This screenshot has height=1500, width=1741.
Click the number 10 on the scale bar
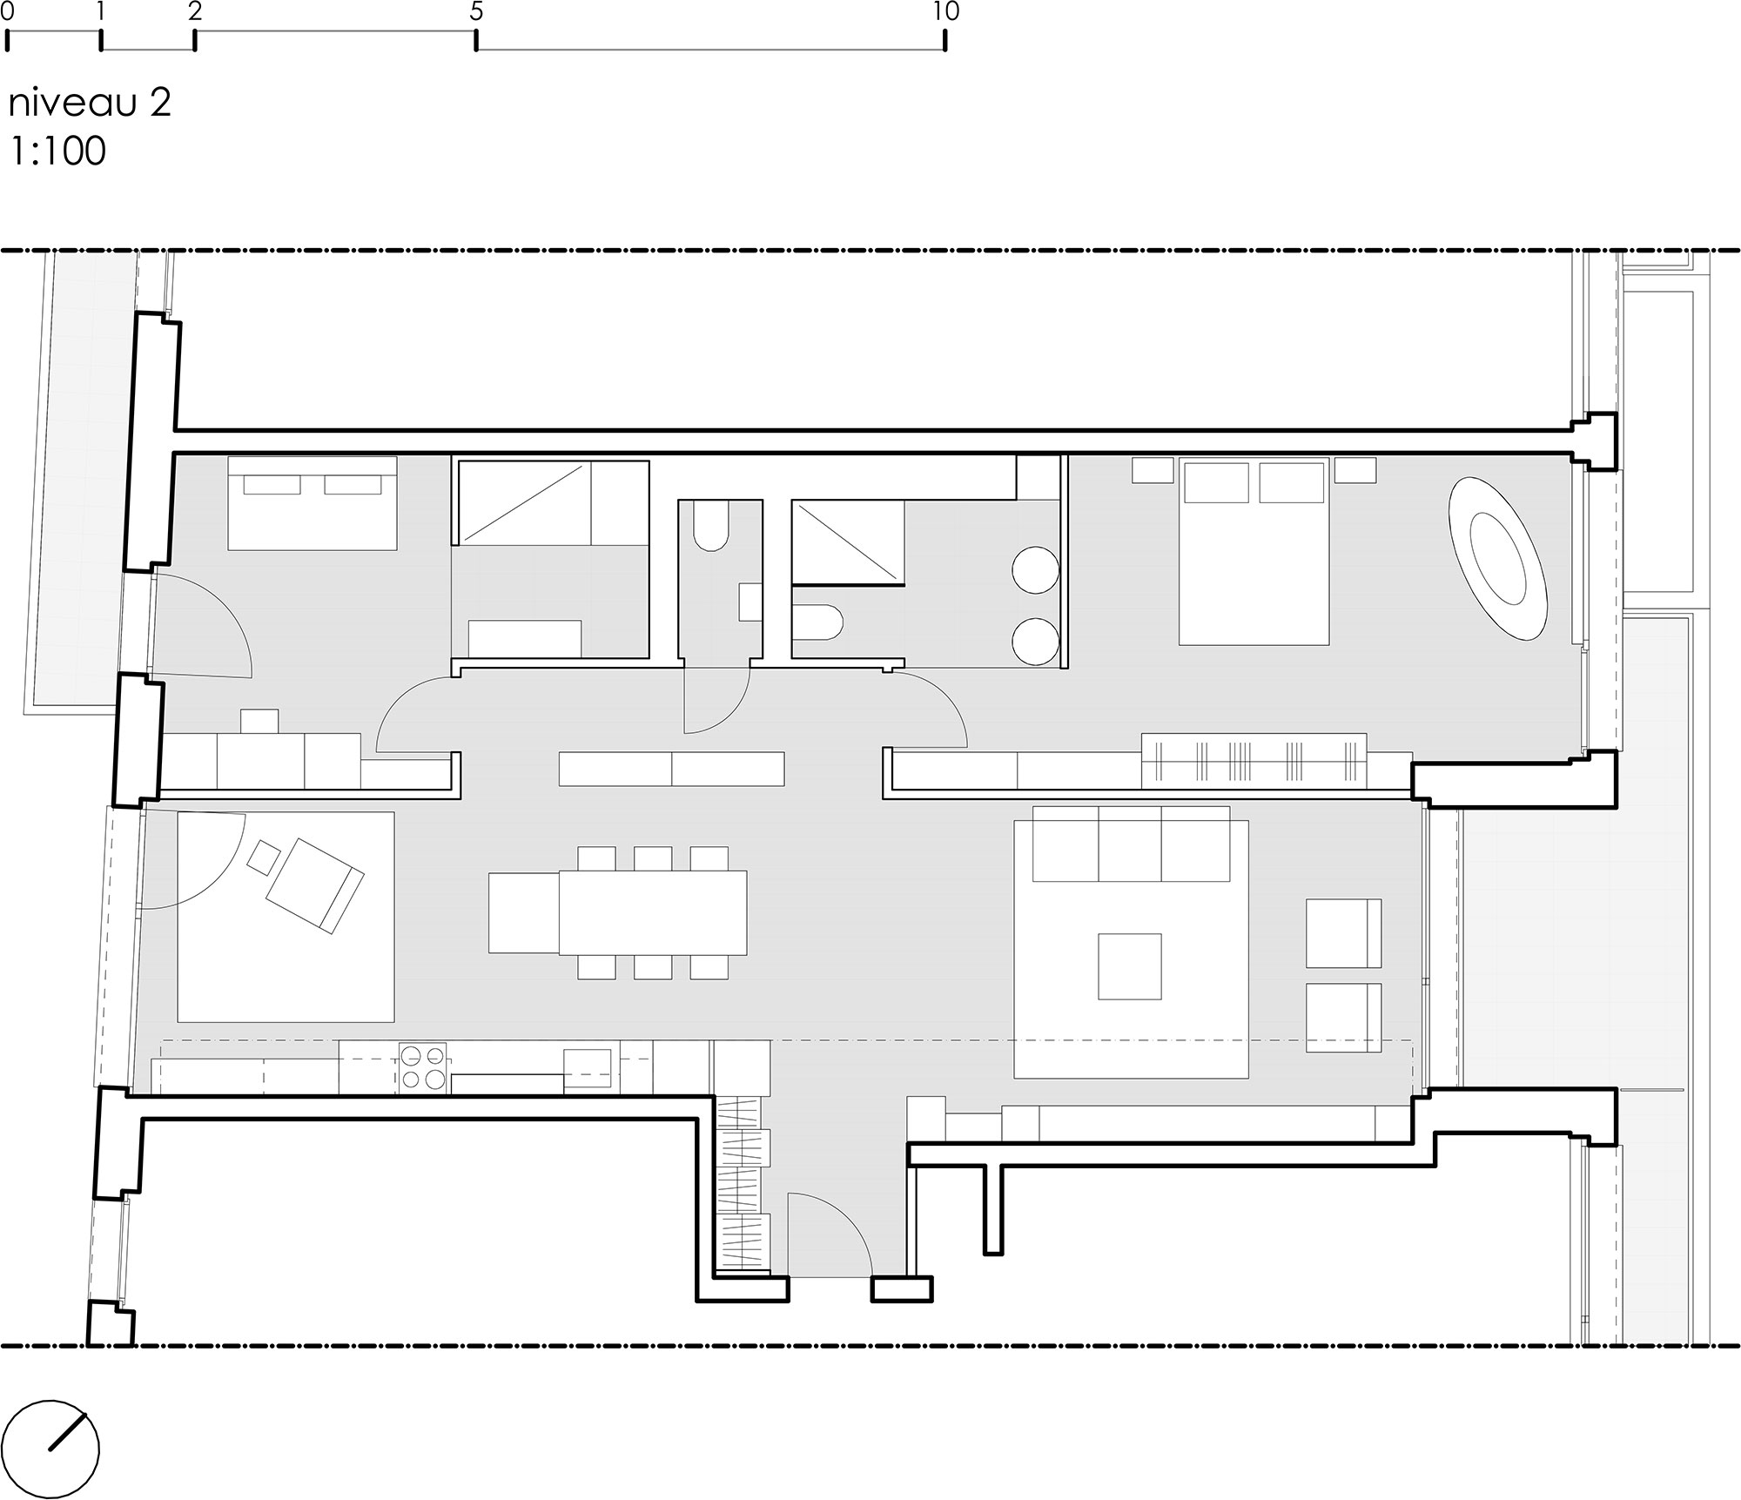click(944, 11)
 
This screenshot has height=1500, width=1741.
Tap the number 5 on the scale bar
click(475, 11)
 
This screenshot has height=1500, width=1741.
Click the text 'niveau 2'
click(90, 104)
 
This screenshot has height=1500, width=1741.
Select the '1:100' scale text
click(58, 151)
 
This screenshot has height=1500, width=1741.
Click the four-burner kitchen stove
click(424, 1067)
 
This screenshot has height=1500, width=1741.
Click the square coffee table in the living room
click(1129, 966)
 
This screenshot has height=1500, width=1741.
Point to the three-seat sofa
click(1131, 844)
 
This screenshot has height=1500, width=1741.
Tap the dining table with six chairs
click(652, 912)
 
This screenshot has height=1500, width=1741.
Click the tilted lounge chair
click(314, 885)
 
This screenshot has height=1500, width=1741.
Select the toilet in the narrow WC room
click(711, 528)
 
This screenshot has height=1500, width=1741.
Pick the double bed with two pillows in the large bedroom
click(1254, 552)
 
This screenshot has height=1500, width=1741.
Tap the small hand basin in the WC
click(750, 602)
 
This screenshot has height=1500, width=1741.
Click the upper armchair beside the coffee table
click(1343, 933)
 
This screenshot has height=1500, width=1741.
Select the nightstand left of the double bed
click(1153, 470)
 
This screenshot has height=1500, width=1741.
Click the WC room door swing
click(716, 696)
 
